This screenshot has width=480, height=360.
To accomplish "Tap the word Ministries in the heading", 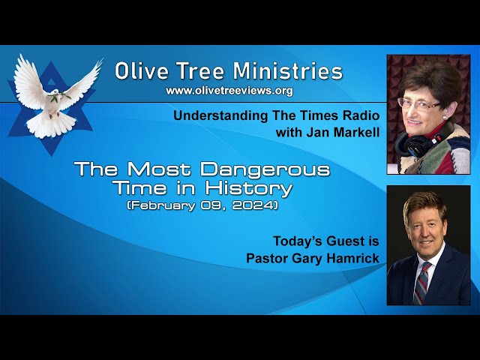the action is (x=287, y=71).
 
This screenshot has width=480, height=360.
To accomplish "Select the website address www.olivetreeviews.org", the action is (x=229, y=91).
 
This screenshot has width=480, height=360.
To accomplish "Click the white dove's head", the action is (x=55, y=91).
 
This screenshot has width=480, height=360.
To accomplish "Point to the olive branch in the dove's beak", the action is (x=59, y=97).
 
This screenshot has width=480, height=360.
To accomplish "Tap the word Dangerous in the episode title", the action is (x=265, y=170).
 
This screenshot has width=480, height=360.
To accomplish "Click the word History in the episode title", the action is (x=248, y=189).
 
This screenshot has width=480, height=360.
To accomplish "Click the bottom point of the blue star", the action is (x=51, y=155).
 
